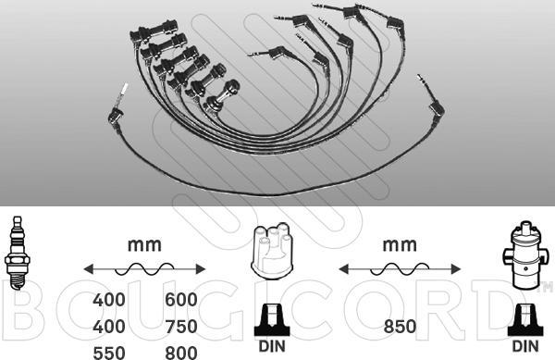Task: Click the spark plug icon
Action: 18,253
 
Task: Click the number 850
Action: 400,327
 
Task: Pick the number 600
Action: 181,300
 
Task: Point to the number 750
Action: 181,327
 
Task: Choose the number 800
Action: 181,353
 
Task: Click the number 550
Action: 108,353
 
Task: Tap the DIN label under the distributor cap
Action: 272,346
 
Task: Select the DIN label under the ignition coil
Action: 525,346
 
